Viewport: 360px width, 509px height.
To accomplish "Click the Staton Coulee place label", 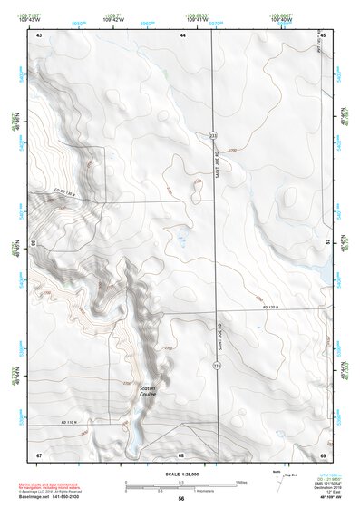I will pos(148,392).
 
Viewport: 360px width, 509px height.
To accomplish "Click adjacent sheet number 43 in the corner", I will pos(39,34).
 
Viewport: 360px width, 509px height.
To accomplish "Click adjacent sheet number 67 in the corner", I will pos(39,454).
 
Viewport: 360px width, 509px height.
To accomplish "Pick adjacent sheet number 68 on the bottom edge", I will pos(181,454).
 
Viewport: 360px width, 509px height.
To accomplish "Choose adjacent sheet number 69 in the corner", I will pos(323,454).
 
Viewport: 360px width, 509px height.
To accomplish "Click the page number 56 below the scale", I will pos(180,499).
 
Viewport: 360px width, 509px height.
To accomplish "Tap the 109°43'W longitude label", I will pos(36,19).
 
